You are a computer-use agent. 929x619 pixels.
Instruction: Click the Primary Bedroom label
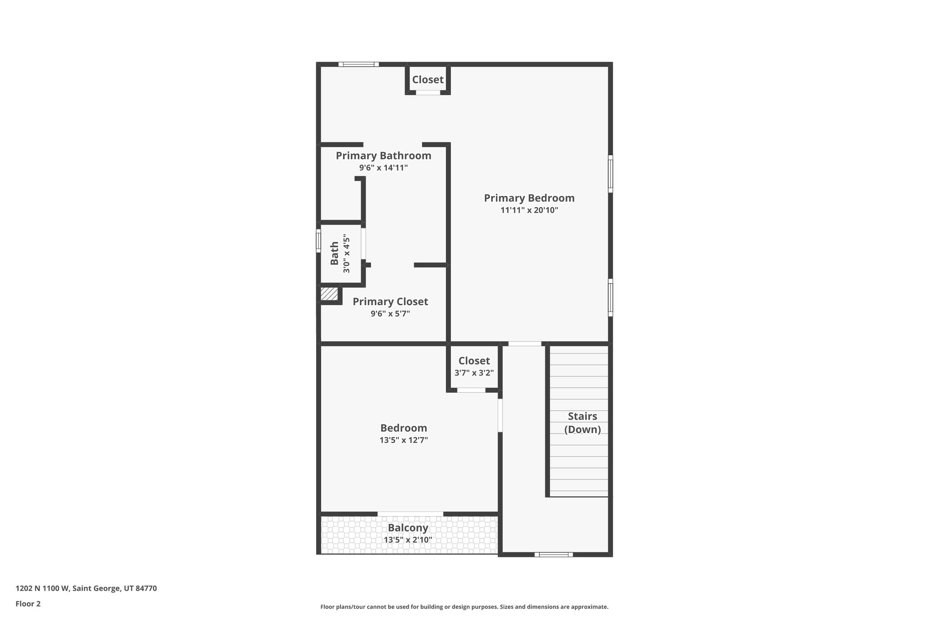point(529,198)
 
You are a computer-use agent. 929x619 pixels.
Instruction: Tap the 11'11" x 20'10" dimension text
point(529,210)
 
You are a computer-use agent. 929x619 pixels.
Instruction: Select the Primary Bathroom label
point(383,156)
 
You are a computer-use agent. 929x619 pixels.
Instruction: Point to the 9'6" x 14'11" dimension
point(383,168)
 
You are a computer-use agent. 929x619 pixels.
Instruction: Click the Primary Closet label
point(390,302)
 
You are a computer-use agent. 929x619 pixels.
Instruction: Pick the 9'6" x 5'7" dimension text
point(390,313)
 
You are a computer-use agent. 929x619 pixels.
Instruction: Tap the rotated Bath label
point(334,253)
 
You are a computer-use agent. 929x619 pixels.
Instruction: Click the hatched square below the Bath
point(329,294)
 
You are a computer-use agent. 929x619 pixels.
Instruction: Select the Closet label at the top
point(427,80)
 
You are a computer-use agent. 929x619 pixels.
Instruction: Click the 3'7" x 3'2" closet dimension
point(474,373)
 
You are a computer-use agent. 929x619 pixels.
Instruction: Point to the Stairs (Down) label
point(582,423)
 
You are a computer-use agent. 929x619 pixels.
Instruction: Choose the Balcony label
point(408,528)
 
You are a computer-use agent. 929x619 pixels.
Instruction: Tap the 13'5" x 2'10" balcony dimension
point(408,540)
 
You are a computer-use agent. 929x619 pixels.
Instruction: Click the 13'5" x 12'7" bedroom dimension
point(404,440)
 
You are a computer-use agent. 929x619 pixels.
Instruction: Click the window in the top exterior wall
point(358,64)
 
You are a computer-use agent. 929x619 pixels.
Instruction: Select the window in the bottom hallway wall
point(553,554)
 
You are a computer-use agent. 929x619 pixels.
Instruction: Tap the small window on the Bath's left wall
point(318,240)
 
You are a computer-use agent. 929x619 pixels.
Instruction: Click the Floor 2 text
point(28,604)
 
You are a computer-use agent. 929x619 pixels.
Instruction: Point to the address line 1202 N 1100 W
point(86,589)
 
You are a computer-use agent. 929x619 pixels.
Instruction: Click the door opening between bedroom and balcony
point(410,514)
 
